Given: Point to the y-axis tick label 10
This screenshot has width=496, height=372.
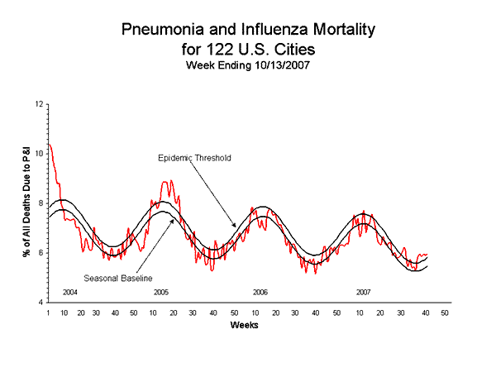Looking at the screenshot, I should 40,153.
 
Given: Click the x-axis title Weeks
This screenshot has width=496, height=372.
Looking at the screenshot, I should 246,325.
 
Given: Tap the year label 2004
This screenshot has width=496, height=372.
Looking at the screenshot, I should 70,293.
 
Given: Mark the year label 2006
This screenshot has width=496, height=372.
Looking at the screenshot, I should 260,293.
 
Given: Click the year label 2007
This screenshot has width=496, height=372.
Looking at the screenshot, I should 363,293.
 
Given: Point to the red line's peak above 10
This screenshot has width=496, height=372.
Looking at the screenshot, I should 50,145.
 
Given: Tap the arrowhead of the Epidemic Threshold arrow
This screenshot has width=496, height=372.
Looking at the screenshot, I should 235,227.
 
